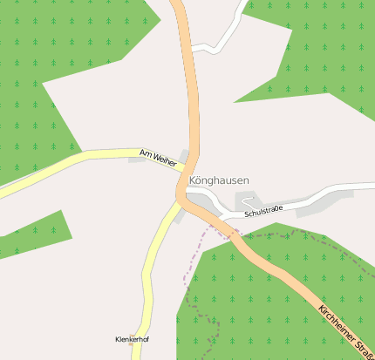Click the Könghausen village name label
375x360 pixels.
[x=218, y=180]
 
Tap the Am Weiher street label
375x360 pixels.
[x=158, y=158]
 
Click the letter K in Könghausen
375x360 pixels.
[x=192, y=180]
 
